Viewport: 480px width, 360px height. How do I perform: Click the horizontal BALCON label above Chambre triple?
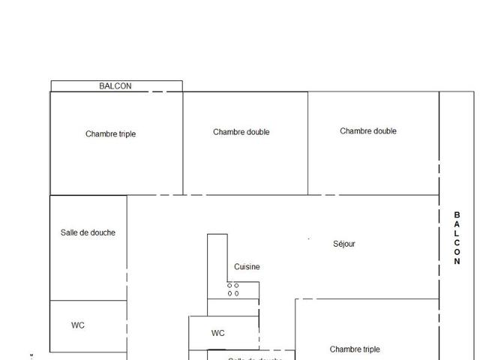click(115, 86)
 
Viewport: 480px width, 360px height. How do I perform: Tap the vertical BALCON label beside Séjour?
click(457, 238)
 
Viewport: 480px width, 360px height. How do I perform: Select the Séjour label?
click(344, 244)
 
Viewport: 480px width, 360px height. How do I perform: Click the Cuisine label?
click(247, 267)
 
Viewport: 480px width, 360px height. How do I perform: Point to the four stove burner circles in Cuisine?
click(233, 289)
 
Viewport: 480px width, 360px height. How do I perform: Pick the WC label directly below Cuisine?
click(218, 333)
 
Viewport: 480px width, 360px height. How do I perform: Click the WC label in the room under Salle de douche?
click(78, 325)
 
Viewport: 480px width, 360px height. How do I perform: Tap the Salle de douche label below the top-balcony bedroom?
click(88, 232)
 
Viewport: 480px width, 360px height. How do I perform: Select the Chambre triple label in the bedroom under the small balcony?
click(110, 134)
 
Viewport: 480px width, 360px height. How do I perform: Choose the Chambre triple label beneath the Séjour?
click(355, 349)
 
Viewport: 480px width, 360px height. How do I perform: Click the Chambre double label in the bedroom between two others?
click(241, 132)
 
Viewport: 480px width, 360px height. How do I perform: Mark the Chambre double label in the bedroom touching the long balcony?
click(368, 131)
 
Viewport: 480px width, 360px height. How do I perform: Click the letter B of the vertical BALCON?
click(457, 214)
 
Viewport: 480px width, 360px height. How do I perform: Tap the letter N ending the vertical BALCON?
click(457, 262)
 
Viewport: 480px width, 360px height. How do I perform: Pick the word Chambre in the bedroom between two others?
click(228, 132)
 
